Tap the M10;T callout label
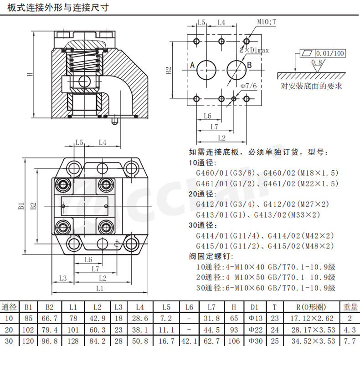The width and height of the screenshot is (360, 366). coord(267,21)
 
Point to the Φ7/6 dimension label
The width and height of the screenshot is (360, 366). coord(248,86)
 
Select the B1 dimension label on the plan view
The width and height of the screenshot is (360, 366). coord(21,206)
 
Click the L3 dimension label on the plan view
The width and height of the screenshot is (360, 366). coord(63,278)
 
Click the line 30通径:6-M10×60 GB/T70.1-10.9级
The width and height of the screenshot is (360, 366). coord(266,288)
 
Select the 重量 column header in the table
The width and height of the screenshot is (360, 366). coord(350,307)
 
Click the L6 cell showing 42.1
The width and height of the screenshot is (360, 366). coord(189,341)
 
